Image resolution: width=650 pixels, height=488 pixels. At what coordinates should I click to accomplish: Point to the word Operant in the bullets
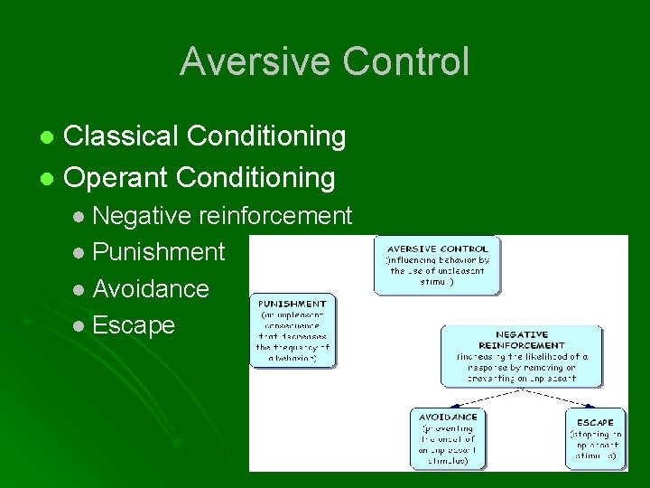[x=117, y=177]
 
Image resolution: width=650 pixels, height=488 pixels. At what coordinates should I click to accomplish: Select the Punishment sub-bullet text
[x=158, y=252]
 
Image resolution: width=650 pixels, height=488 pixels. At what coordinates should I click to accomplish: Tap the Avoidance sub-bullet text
[x=151, y=288]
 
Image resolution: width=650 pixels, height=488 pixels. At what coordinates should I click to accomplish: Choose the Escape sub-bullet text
[x=134, y=324]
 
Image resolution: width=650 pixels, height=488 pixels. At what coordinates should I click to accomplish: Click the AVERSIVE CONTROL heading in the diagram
[x=438, y=249]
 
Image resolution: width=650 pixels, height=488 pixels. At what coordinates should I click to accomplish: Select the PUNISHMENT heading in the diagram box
[x=292, y=304]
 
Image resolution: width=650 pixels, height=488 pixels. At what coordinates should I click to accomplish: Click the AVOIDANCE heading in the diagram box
[x=449, y=417]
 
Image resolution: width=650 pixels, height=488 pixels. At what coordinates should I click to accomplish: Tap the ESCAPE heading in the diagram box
[x=594, y=422]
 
